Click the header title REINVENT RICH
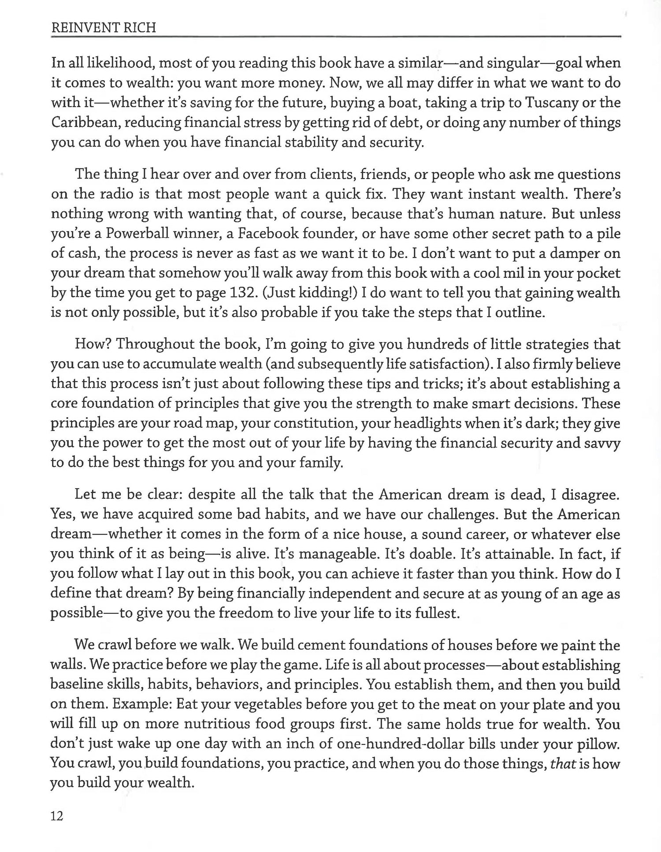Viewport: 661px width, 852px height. point(104,28)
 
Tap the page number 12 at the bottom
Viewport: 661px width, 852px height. point(57,816)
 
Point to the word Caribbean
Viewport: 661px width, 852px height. point(85,122)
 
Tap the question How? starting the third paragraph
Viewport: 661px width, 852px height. point(93,344)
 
